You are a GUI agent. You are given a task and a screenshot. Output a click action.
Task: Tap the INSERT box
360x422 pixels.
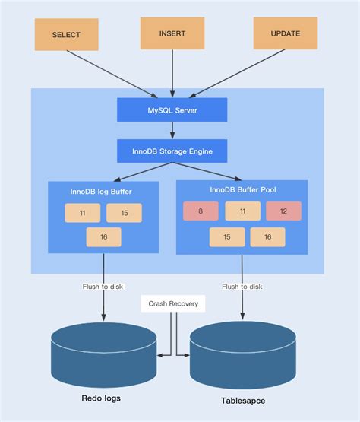(172, 33)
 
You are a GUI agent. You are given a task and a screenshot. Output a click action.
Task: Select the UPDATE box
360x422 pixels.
(285, 34)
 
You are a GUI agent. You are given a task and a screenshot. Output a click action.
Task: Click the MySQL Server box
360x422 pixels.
(172, 109)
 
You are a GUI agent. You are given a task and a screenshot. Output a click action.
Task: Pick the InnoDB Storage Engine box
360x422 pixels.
(172, 151)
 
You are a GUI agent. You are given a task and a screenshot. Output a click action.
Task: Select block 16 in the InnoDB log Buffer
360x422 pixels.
(103, 237)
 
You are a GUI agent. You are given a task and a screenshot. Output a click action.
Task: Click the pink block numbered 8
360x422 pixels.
(201, 211)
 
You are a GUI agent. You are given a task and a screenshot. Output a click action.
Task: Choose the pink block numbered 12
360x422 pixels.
(283, 211)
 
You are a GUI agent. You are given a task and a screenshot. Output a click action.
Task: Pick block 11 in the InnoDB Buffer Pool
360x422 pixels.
(242, 211)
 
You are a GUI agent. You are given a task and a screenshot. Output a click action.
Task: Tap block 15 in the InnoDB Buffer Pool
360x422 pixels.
(226, 237)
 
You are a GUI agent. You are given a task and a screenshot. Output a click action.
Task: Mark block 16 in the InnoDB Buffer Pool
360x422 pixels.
(267, 237)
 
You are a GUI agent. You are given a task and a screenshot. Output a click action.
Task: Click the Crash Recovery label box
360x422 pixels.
(173, 303)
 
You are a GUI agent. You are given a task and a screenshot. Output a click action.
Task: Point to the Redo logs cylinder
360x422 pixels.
(104, 354)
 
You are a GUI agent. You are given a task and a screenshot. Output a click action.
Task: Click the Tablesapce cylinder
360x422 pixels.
(242, 354)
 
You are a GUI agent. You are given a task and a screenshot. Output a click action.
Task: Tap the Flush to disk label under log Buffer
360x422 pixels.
(103, 287)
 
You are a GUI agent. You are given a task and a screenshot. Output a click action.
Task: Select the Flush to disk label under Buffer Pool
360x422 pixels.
(242, 287)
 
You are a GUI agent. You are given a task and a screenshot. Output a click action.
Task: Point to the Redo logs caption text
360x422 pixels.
(101, 398)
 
